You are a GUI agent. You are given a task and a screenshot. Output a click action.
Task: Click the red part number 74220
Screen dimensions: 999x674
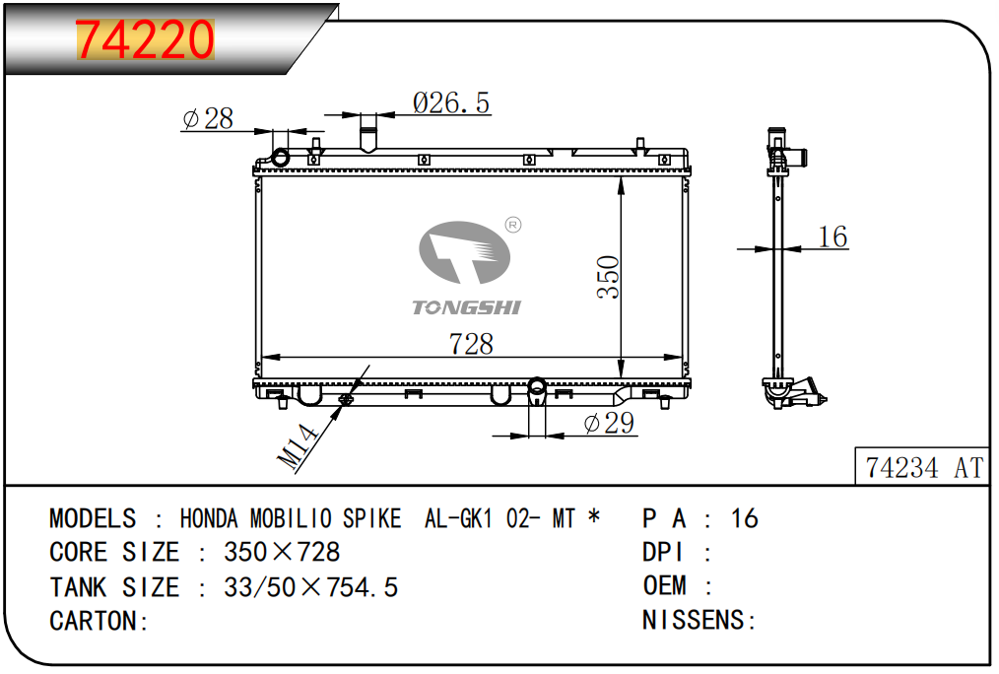145,39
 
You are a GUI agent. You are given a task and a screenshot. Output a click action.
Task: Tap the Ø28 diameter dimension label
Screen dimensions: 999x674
208,118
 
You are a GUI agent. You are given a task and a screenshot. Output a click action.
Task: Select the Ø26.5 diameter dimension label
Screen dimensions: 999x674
451,102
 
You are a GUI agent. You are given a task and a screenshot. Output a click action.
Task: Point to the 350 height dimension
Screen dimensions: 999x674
608,277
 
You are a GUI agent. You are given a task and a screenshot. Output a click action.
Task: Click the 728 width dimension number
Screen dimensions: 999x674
471,344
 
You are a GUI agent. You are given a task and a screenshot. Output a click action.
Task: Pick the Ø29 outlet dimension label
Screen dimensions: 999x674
609,423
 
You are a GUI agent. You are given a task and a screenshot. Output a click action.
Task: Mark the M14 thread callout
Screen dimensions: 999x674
299,447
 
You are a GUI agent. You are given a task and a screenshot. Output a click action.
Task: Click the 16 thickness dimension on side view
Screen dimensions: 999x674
832,236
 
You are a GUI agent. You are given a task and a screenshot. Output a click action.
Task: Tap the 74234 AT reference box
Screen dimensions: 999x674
923,468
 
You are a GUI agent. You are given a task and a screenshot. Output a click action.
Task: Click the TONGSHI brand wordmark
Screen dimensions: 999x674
466,307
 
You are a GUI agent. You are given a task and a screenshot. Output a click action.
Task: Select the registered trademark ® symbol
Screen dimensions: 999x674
513,225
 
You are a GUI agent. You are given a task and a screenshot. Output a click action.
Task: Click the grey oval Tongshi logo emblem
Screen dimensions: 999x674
464,252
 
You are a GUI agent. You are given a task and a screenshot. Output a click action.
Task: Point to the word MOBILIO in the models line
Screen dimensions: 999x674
291,518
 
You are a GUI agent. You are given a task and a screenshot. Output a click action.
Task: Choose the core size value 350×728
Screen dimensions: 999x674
282,552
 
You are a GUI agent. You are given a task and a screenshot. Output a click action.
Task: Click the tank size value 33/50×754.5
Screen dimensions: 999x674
311,586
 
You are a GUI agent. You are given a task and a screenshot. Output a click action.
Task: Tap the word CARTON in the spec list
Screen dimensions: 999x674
93,621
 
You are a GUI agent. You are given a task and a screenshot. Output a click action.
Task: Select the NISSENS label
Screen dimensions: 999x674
694,620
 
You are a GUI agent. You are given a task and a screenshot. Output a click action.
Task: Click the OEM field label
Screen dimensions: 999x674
664,585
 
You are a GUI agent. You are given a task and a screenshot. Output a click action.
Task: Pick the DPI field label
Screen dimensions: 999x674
663,552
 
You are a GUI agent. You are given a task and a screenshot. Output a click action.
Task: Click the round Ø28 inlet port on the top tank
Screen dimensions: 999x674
281,157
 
